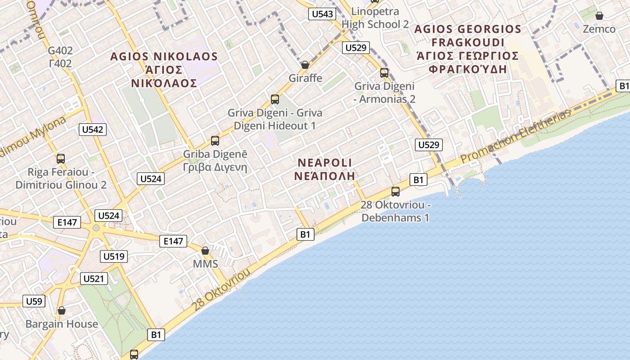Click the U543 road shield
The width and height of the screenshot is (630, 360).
(323, 14)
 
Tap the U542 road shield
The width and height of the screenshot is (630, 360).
(93, 130)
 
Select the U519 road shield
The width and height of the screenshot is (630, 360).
(114, 256)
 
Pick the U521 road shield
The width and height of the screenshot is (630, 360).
(94, 279)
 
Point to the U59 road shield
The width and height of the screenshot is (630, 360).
(34, 301)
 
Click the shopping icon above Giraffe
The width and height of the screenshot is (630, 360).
(305, 65)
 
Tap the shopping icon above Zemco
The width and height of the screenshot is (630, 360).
(599, 16)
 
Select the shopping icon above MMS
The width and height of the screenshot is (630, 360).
(205, 250)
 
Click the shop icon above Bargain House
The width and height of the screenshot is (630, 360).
(62, 310)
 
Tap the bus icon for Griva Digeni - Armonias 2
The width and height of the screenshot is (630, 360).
(384, 72)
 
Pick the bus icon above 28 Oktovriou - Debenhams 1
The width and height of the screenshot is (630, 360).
(395, 192)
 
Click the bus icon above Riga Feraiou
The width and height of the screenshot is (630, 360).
(61, 158)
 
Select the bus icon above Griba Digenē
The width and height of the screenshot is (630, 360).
(215, 141)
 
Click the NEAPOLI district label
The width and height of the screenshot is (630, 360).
(324, 163)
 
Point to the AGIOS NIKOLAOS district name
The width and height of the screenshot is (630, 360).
(164, 57)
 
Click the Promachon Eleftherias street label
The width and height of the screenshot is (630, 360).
(516, 136)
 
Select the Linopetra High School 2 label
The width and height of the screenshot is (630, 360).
(375, 18)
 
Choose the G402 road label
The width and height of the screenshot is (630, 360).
(60, 50)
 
